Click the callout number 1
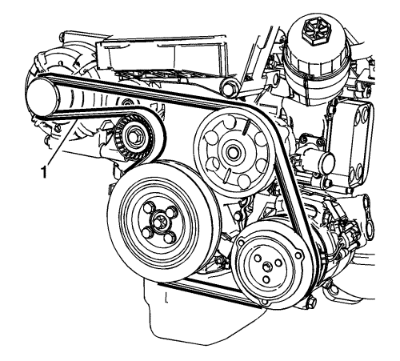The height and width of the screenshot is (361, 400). tap(43, 172)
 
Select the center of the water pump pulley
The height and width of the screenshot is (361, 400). tap(231, 152)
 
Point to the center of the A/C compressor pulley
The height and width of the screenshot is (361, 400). tap(267, 267)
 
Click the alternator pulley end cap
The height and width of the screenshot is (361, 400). tap(42, 98)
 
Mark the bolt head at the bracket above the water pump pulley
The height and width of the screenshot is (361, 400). tap(230, 89)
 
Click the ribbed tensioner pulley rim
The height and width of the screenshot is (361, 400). tap(133, 138)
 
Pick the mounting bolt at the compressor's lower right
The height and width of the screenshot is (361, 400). tap(311, 303)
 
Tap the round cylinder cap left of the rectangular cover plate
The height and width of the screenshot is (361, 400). tap(326, 160)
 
